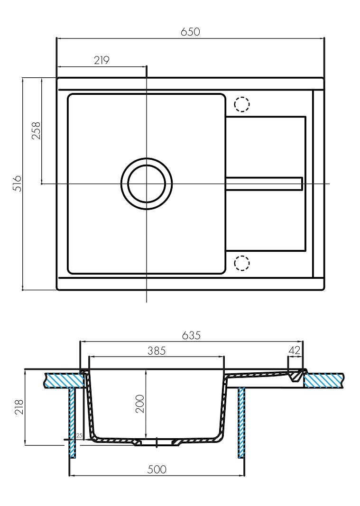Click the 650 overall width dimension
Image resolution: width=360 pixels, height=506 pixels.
190,32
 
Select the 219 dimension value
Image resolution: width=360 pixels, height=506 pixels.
102,60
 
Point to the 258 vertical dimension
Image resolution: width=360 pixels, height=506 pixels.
36,130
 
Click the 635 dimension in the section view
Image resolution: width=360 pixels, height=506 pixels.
191,335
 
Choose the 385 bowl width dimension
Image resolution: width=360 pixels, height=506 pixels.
156,351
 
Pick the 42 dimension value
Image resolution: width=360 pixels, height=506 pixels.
294,350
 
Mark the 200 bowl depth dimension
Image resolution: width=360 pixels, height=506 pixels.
140,404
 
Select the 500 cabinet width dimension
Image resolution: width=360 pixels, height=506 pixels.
157,469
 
